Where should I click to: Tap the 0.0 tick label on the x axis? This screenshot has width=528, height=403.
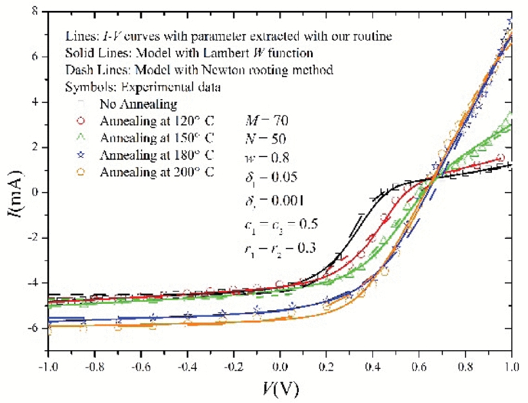pyautogui.click(x=279, y=364)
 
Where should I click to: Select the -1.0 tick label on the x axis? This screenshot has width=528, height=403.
pyautogui.click(x=47, y=364)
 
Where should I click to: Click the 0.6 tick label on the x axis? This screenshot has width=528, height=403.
pyautogui.click(x=419, y=364)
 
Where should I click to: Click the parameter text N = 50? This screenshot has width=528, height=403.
pyautogui.click(x=266, y=138)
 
